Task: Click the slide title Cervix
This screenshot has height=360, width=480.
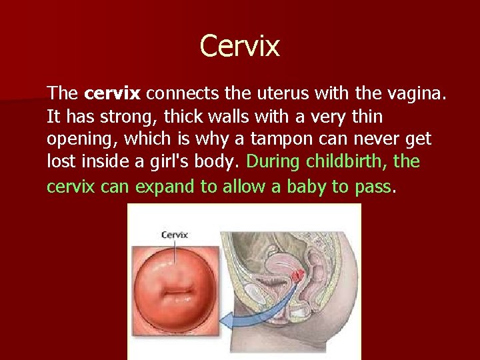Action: click(x=240, y=46)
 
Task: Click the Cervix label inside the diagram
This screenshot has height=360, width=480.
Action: click(x=174, y=234)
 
